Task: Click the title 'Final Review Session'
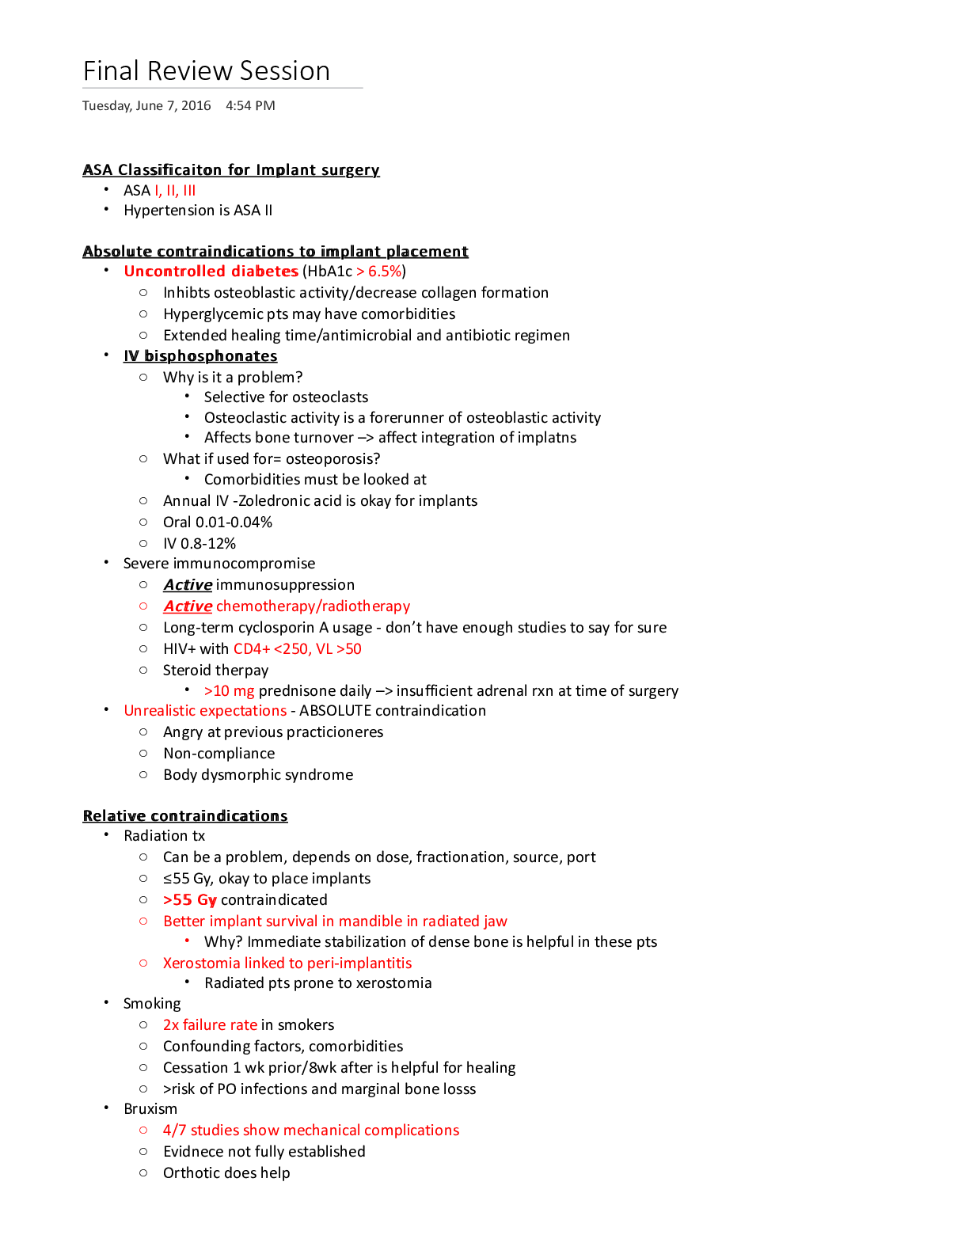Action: click(x=207, y=71)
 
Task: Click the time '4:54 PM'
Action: click(x=250, y=106)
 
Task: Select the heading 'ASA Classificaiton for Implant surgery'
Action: click(x=231, y=170)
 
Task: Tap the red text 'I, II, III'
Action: click(x=175, y=191)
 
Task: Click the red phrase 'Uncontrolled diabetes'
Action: click(x=211, y=272)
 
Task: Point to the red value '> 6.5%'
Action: click(x=379, y=272)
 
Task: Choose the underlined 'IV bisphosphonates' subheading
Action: click(x=200, y=356)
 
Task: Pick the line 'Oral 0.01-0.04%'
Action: click(x=218, y=522)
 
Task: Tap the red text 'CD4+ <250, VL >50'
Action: click(x=298, y=649)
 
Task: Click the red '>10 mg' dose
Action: click(x=229, y=691)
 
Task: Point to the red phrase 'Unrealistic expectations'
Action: click(x=205, y=711)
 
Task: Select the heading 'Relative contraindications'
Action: click(x=185, y=816)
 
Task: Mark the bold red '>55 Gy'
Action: click(x=190, y=900)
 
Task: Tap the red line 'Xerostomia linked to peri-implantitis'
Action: click(x=287, y=963)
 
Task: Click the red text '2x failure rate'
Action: click(x=210, y=1025)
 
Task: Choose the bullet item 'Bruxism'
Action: click(x=150, y=1109)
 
